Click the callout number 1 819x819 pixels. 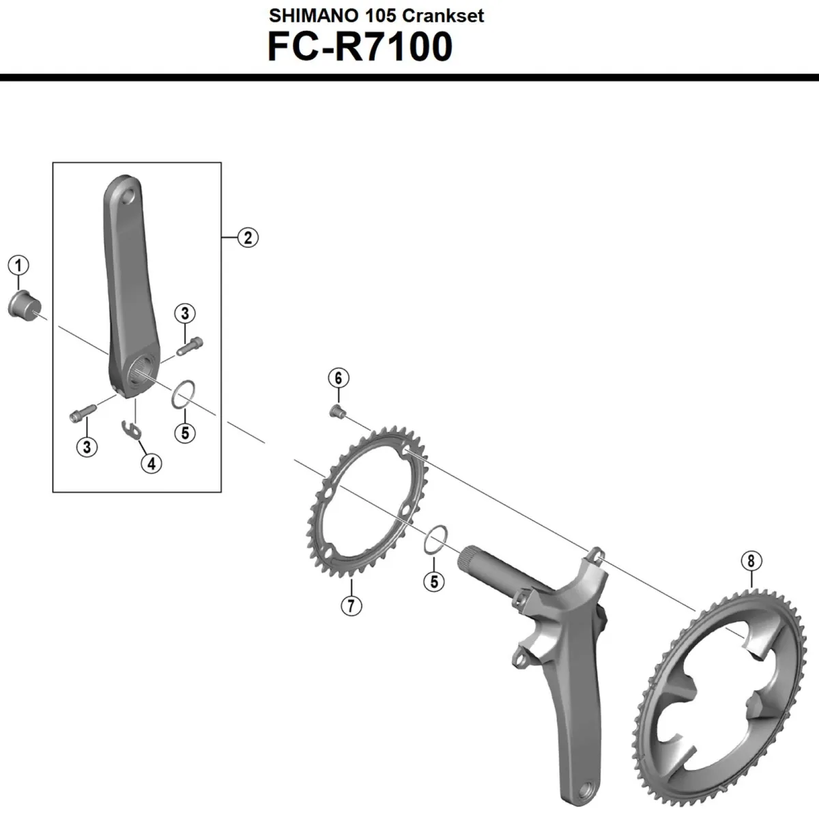pyautogui.click(x=18, y=265)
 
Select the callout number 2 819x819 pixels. pyautogui.click(x=248, y=238)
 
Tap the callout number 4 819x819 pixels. pyautogui.click(x=151, y=463)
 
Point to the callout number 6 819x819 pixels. pyautogui.click(x=338, y=377)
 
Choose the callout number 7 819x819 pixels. pyautogui.click(x=351, y=605)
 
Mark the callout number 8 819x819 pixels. pyautogui.click(x=751, y=561)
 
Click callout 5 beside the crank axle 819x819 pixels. pyautogui.click(x=433, y=581)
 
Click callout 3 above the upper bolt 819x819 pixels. pyautogui.click(x=184, y=313)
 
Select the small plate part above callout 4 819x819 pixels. pyautogui.click(x=132, y=429)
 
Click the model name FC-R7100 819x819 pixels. pyautogui.click(x=360, y=46)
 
